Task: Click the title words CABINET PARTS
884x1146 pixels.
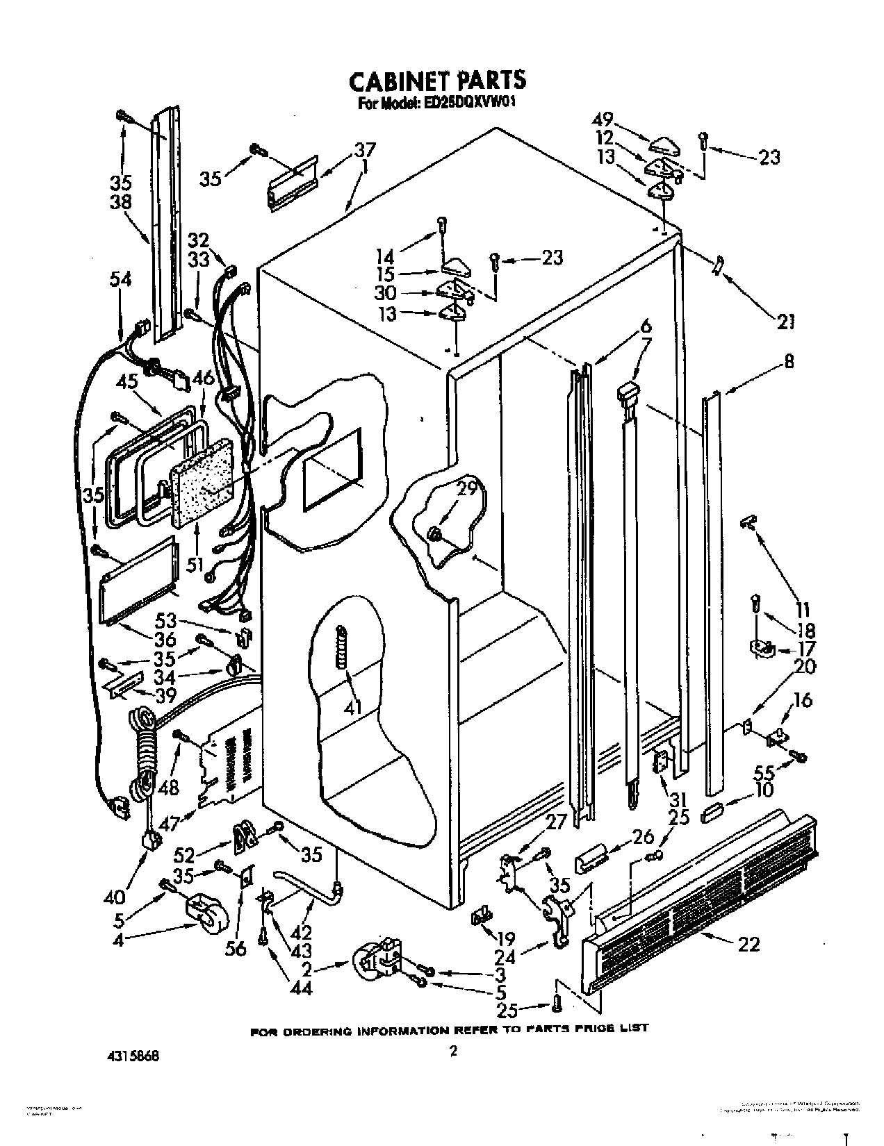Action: tap(436, 80)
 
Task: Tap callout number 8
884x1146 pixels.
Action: tap(789, 362)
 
